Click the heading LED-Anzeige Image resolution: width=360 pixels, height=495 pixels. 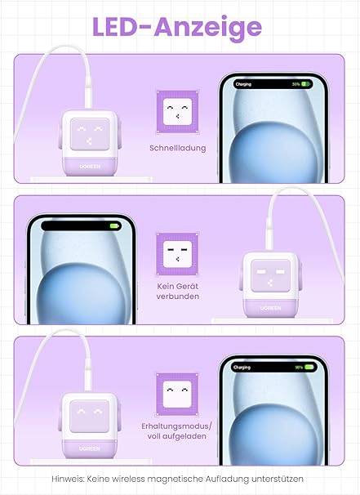[x=177, y=27]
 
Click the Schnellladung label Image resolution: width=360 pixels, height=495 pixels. [x=178, y=148]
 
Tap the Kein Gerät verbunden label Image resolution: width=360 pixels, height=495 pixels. [x=178, y=292]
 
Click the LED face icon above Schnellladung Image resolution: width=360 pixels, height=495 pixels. [x=178, y=111]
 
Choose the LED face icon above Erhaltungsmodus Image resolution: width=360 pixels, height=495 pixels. [x=178, y=394]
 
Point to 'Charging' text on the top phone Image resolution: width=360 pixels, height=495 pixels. [x=243, y=84]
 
